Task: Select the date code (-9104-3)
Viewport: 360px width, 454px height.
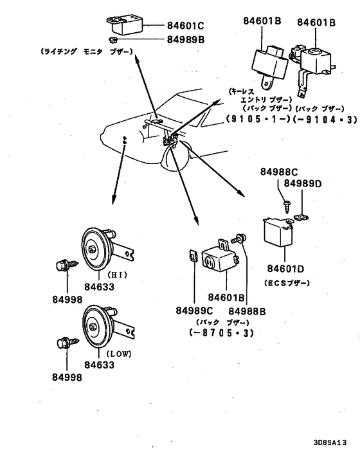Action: point(305,120)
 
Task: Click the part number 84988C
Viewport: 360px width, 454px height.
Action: point(280,172)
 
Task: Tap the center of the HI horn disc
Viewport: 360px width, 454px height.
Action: point(94,248)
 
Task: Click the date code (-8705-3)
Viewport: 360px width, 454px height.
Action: point(221,333)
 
